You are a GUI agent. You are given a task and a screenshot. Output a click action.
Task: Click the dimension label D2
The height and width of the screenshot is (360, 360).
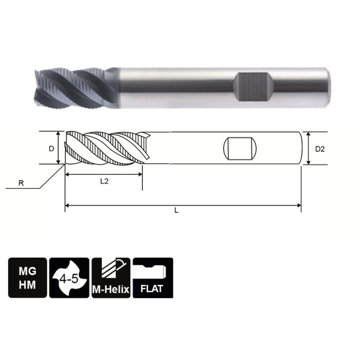pyautogui.click(x=320, y=149)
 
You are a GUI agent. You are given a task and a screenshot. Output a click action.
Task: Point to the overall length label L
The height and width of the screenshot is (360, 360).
pyautogui.click(x=176, y=211)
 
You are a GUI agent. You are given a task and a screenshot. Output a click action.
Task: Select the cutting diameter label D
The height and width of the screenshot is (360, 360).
pyautogui.click(x=51, y=149)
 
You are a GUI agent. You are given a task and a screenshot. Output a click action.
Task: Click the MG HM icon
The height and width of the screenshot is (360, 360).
pyautogui.click(x=28, y=278)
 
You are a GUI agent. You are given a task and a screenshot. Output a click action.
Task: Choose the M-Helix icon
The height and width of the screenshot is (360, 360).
pyautogui.click(x=111, y=278)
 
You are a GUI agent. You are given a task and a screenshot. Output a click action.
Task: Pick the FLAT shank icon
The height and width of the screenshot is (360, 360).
pyautogui.click(x=153, y=278)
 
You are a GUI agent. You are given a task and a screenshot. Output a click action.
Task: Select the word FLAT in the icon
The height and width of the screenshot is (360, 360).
pyautogui.click(x=152, y=288)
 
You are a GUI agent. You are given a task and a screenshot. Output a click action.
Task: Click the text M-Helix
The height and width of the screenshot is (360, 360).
pyautogui.click(x=111, y=289)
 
